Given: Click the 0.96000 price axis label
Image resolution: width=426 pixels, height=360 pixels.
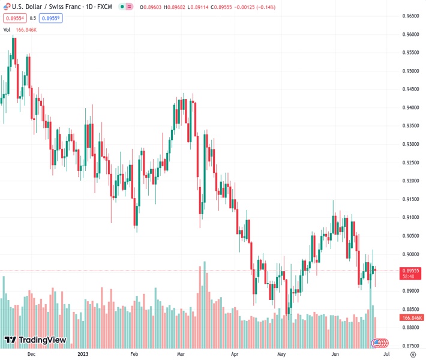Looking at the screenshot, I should [x=411, y=34].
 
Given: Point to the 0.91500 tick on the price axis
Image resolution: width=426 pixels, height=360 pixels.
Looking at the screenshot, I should [x=411, y=199].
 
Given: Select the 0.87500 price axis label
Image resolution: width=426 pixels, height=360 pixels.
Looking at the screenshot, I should [x=411, y=346].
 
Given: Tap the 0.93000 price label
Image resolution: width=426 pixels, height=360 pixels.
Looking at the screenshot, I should [x=411, y=144].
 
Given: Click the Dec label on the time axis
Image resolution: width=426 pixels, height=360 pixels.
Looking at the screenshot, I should [x=32, y=355].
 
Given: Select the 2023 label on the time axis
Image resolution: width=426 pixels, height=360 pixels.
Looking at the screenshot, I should [x=83, y=355].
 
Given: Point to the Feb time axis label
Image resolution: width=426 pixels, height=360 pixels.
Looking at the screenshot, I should [x=134, y=355].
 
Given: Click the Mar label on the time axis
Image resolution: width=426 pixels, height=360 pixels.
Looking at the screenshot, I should [x=181, y=355].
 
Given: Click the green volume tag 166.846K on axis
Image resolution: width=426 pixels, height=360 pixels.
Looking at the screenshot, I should [x=412, y=317].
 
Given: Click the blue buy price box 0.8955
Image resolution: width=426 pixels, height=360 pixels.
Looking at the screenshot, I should [x=52, y=18].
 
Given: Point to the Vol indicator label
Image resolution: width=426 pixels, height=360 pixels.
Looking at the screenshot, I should [x=7, y=29].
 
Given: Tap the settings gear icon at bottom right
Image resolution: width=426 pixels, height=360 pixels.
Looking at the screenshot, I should [x=413, y=355].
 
